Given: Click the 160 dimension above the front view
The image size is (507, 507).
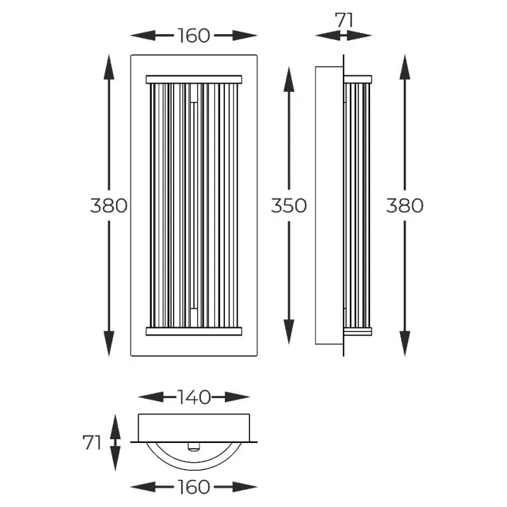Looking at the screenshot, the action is [x=194, y=35].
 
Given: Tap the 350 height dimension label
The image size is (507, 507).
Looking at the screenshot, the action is [x=289, y=205].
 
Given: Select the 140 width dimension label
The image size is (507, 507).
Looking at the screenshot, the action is [x=194, y=397].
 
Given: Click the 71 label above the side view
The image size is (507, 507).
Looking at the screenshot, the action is [x=344, y=20].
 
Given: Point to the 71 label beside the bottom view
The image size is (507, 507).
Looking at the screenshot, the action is [x=92, y=442].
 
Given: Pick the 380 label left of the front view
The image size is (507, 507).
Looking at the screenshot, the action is [x=108, y=205].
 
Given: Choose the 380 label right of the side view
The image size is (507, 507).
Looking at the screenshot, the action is [x=405, y=205].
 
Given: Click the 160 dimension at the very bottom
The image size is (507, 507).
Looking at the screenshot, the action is [x=194, y=487].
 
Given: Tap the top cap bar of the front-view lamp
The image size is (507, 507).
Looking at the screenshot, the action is [x=194, y=80].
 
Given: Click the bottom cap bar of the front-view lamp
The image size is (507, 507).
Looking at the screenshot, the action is [x=194, y=331].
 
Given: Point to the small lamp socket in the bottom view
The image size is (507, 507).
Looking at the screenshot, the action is [x=194, y=447].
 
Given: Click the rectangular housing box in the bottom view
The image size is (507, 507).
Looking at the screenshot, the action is [x=194, y=428].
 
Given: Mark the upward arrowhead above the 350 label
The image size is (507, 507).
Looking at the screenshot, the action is [x=289, y=80].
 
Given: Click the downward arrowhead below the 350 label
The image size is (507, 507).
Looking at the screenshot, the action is [x=289, y=331].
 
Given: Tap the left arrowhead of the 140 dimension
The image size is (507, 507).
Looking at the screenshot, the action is [x=151, y=397].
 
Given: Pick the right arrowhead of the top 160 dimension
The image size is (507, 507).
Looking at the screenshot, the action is [x=245, y=35].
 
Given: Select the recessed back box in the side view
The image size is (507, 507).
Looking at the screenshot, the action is [x=329, y=205].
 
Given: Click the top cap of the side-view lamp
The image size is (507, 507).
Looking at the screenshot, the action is [x=357, y=80].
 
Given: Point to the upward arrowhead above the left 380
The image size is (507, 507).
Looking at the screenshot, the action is [x=108, y=67].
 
